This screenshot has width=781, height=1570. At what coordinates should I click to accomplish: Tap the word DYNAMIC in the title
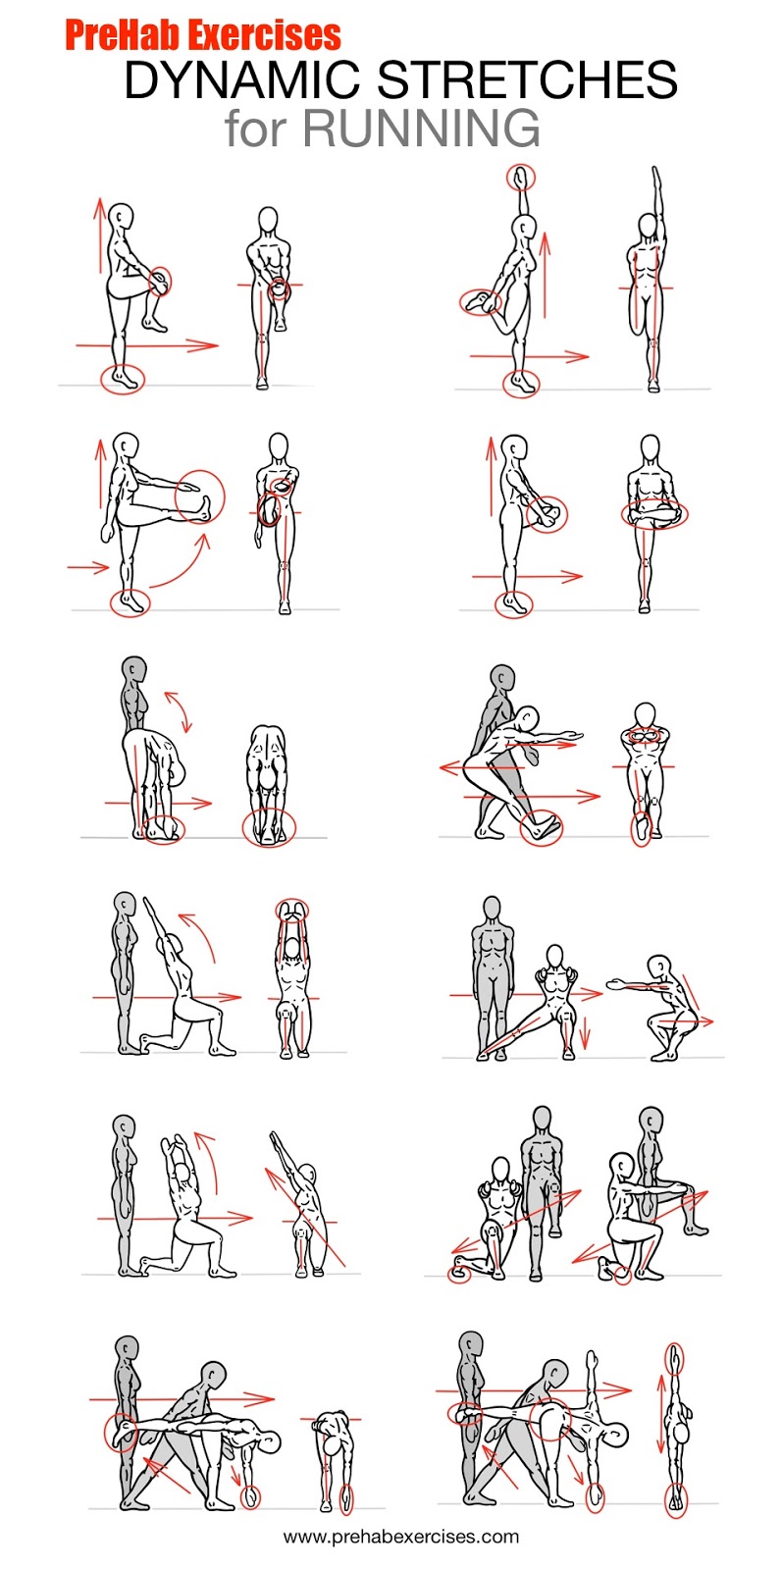pos(242,79)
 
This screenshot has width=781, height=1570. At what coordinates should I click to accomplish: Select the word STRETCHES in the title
pos(528,79)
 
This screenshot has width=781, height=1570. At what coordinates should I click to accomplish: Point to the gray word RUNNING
pos(421,128)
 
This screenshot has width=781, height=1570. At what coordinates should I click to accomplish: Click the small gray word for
pos(256,128)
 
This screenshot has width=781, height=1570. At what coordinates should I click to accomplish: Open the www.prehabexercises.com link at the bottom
pos(401,1537)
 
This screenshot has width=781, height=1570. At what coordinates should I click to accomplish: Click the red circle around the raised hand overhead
pos(521,178)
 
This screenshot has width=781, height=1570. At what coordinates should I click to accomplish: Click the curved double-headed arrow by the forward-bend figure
pos(178,711)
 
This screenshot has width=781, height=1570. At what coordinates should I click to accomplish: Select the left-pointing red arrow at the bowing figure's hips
pos(483,768)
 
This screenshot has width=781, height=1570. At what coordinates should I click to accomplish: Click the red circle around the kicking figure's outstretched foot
pos(200,497)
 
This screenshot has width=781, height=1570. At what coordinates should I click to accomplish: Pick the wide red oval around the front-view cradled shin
pos(654,515)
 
